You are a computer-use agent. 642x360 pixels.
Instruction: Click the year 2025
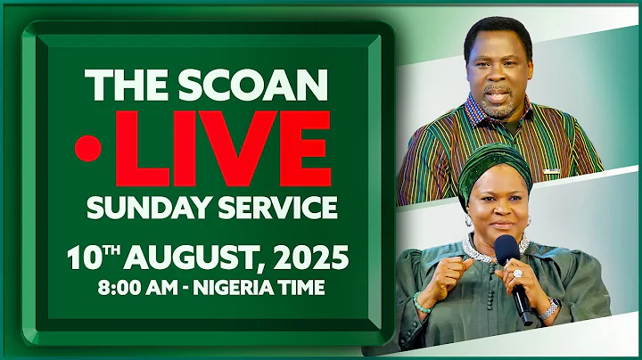pyautogui.click(x=309, y=259)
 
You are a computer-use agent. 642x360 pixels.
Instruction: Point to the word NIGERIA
pyautogui.click(x=239, y=289)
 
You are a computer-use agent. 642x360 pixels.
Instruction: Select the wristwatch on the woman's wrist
pyautogui.click(x=551, y=307)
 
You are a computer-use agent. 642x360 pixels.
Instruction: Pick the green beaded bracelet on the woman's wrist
pyautogui.click(x=421, y=303)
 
